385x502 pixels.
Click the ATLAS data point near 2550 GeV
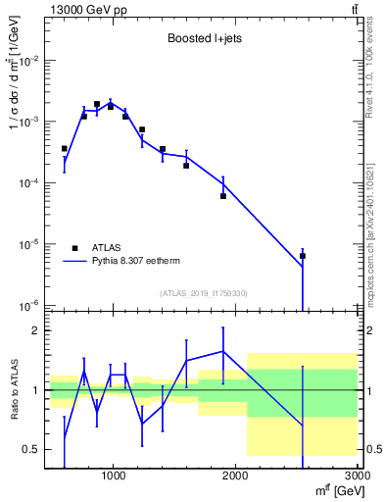pyautogui.click(x=303, y=256)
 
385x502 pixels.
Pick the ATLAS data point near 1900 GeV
pyautogui.click(x=223, y=196)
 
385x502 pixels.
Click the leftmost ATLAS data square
pyautogui.click(x=64, y=149)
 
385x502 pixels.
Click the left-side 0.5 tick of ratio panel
pyautogui.click(x=31, y=449)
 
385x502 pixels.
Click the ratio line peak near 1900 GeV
pyautogui.click(x=223, y=351)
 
